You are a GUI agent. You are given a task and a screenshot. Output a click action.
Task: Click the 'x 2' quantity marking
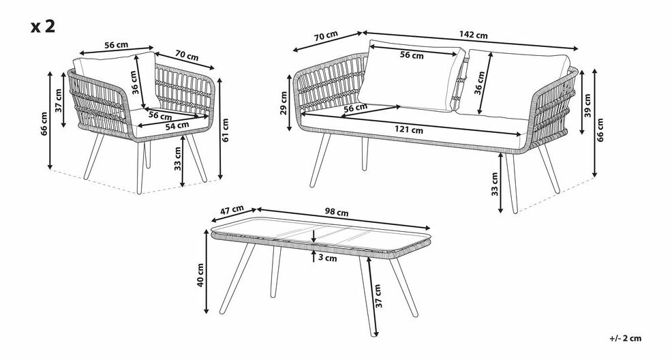click(x=43, y=27)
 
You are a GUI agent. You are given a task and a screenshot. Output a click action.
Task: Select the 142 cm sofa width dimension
click(x=473, y=35)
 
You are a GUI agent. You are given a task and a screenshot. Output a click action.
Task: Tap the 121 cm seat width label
click(x=409, y=130)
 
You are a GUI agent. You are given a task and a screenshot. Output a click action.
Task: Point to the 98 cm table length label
click(x=337, y=212)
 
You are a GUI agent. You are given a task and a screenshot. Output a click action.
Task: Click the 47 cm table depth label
click(x=232, y=211)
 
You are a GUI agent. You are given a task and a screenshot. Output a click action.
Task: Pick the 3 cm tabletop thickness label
click(x=328, y=258)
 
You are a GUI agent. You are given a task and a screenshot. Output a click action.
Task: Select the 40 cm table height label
click(x=200, y=275)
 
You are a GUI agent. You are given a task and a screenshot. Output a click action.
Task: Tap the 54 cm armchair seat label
click(x=177, y=125)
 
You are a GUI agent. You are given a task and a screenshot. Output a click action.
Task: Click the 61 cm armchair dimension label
click(x=226, y=130)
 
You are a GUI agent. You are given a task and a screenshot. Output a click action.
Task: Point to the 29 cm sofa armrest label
click(x=284, y=103)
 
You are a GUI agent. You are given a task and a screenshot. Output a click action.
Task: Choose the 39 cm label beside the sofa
click(x=587, y=106)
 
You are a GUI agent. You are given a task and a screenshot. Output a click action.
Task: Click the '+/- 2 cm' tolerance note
click(x=625, y=338)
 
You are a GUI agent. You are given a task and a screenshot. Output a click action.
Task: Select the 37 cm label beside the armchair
click(x=59, y=100)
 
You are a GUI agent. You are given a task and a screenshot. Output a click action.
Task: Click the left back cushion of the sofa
click(x=412, y=76)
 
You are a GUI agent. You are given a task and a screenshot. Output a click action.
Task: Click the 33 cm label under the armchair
click(x=178, y=159)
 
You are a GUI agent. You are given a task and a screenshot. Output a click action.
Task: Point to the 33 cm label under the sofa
click(x=495, y=184)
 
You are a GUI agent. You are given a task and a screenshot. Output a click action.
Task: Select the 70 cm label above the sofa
click(x=326, y=36)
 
